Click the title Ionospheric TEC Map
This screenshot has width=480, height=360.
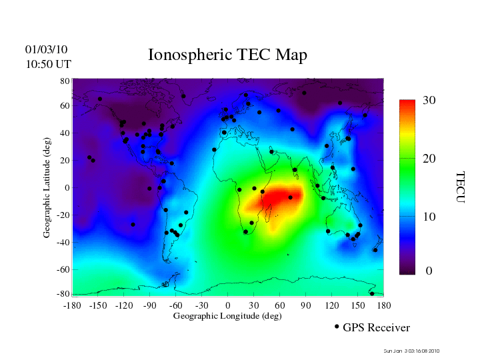[227, 55]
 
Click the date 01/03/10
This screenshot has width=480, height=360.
[46, 50]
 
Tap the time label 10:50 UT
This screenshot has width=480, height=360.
[48, 64]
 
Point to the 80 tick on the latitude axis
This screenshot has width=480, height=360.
[65, 81]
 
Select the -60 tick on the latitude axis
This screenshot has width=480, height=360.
[63, 269]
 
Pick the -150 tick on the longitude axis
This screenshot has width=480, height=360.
[97, 305]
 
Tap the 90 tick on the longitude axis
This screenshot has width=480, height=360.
[306, 305]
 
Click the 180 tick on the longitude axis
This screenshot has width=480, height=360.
[383, 305]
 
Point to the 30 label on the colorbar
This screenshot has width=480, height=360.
[429, 101]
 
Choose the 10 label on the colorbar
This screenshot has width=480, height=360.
[429, 217]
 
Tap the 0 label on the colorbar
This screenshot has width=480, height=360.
[429, 271]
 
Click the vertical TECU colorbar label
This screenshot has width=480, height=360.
[460, 187]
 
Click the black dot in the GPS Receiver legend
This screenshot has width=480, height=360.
[337, 327]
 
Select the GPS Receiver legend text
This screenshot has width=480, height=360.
[376, 327]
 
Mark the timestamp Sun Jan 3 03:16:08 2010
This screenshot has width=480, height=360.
[411, 351]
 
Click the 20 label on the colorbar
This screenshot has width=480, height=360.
[429, 160]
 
